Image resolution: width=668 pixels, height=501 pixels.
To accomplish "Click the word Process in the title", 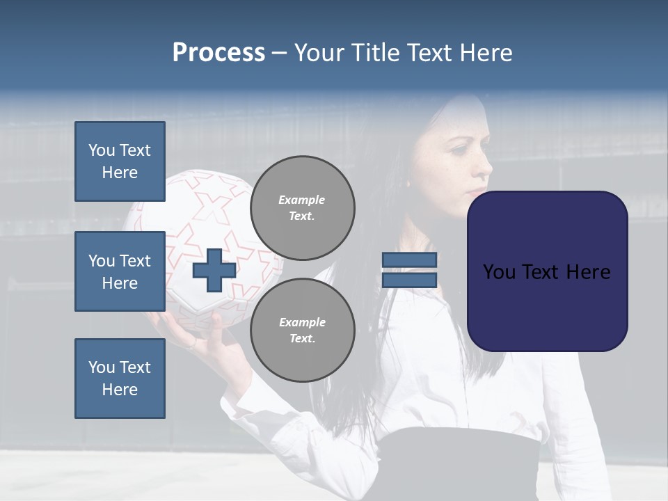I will [218, 53].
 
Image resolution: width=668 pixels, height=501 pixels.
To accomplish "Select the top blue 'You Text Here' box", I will [120, 161].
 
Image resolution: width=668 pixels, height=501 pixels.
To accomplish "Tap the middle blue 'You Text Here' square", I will [120, 271].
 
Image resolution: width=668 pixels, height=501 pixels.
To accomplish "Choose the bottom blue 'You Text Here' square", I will [120, 378].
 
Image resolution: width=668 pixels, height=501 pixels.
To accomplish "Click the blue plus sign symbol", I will [214, 271].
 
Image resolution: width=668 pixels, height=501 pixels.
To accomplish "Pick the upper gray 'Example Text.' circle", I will [302, 207].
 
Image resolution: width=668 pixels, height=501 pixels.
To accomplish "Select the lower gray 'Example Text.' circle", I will [302, 330].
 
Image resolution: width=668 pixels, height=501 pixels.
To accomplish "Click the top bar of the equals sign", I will [409, 260].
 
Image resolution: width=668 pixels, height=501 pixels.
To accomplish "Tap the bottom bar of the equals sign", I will [409, 280].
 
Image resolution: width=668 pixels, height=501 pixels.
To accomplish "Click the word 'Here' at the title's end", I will [487, 53].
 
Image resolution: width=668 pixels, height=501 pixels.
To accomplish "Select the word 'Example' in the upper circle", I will [302, 200].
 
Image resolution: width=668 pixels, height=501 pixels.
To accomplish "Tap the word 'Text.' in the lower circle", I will [302, 338].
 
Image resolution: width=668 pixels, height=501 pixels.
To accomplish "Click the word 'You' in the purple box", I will [499, 272].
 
